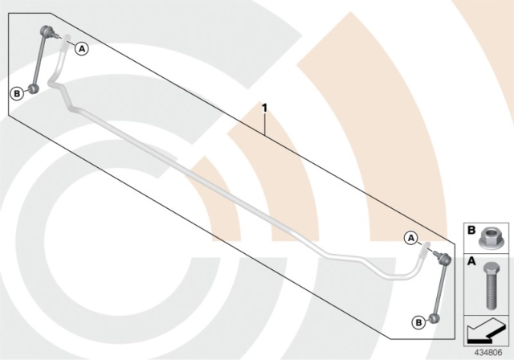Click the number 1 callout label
pos(264,108)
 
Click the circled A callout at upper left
pos(82,49)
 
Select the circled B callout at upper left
pos(17,94)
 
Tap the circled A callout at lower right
pos(411,239)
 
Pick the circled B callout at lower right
pos(418,322)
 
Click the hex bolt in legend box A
pos(491,285)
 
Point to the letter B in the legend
pos(471,231)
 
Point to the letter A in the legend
pos(471,261)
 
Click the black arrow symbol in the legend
pos(485,331)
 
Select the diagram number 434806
pos(488,353)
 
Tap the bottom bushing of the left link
pos(33,88)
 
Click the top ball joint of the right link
pos(443,260)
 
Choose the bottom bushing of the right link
pos(434,318)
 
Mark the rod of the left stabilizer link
pos(39,60)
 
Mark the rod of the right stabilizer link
pos(439,289)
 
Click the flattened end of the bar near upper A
pos(66,42)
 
